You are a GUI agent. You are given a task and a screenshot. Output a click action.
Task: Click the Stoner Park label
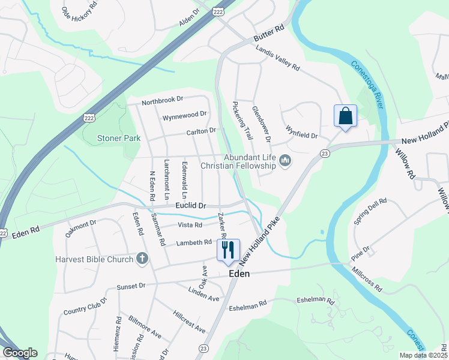coord(119,138)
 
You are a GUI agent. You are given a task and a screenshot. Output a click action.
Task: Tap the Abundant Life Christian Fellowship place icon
coord(285,160)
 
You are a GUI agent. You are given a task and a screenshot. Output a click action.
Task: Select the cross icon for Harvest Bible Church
coord(142,259)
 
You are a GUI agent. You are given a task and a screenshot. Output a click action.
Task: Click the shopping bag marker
coord(345,116)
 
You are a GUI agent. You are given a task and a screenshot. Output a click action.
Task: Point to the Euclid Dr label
coord(190,205)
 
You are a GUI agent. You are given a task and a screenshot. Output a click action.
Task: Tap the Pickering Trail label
coord(240,119)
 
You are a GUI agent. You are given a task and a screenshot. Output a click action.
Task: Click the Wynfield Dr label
coord(301,131)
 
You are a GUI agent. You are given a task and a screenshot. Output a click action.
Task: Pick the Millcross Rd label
coord(367,278)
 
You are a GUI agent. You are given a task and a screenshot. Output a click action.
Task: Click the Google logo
coord(20,352)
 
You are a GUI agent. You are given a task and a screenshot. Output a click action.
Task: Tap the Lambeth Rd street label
coord(194,243)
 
